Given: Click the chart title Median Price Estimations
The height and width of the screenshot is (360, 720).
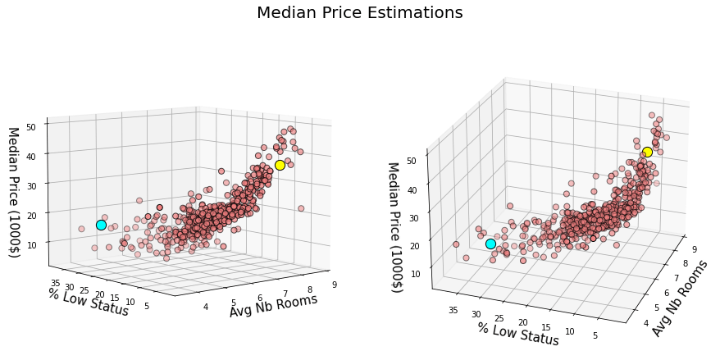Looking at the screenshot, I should coord(359,13).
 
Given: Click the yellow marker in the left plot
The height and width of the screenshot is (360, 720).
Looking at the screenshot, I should coord(280,165).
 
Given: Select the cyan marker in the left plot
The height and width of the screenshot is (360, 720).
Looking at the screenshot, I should coord(101,225).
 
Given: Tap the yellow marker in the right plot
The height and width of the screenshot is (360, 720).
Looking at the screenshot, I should coord(647,152).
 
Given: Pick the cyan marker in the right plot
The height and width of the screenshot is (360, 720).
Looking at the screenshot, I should coord(490,244).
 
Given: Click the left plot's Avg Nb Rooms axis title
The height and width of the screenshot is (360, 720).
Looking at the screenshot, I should coord(273,305).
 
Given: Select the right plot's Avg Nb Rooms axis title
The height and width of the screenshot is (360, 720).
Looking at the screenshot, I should coord(680,298).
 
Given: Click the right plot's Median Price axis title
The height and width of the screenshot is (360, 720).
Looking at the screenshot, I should coord(394,227).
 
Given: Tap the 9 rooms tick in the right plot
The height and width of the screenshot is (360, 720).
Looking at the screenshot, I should coord(694,248).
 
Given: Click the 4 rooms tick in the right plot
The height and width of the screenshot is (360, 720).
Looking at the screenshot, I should coord(645,321).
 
